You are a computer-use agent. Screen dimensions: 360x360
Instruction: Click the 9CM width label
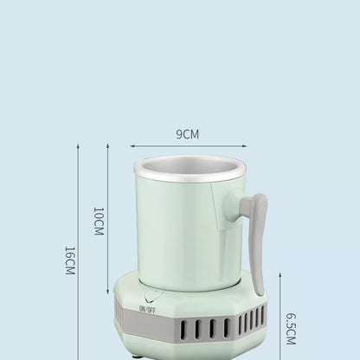coord(189,134)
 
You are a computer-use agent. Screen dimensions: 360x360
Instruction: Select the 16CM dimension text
coord(69,259)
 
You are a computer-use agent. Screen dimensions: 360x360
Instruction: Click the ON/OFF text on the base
coord(146,309)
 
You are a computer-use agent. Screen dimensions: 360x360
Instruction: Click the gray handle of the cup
coord(255,234)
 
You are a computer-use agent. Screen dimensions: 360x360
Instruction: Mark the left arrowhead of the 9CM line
coord(133,146)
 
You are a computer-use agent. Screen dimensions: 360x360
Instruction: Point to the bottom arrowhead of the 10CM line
coord(106,288)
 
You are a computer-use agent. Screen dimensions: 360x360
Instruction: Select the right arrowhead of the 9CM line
coord(245,146)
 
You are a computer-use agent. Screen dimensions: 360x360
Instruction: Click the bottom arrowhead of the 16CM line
coord(78,356)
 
